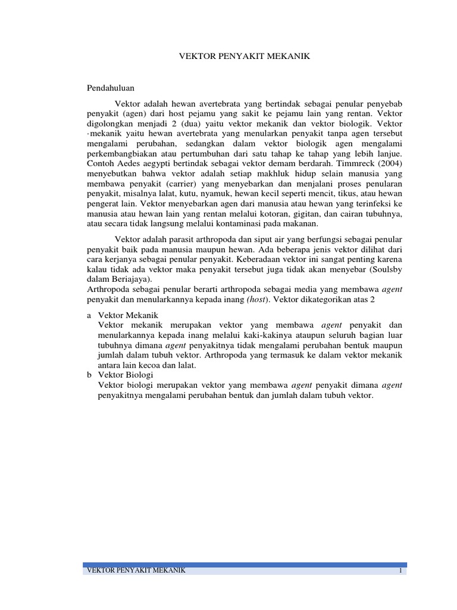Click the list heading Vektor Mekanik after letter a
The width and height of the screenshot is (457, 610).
pos(127,315)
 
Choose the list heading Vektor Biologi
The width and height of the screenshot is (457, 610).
pos(125,375)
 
